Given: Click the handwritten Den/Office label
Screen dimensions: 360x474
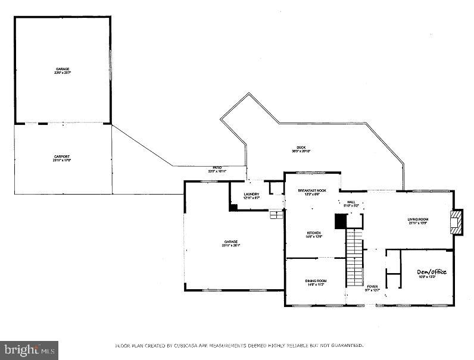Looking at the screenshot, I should pyautogui.click(x=431, y=272).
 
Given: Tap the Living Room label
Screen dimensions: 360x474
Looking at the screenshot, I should pyautogui.click(x=418, y=220).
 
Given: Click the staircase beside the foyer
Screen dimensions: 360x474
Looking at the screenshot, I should pyautogui.click(x=355, y=256).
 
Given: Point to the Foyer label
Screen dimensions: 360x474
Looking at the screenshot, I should pyautogui.click(x=372, y=287).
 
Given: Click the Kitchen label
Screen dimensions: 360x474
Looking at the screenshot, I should pyautogui.click(x=314, y=233).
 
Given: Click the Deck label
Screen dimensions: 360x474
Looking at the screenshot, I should pyautogui.click(x=302, y=148).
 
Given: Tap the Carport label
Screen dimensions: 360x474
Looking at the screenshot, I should pyautogui.click(x=63, y=156).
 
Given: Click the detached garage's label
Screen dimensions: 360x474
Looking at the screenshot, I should pyautogui.click(x=63, y=70).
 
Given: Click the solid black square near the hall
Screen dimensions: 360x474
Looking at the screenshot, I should pyautogui.click(x=340, y=221).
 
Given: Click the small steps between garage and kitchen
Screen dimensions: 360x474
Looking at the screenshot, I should pyautogui.click(x=275, y=214).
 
